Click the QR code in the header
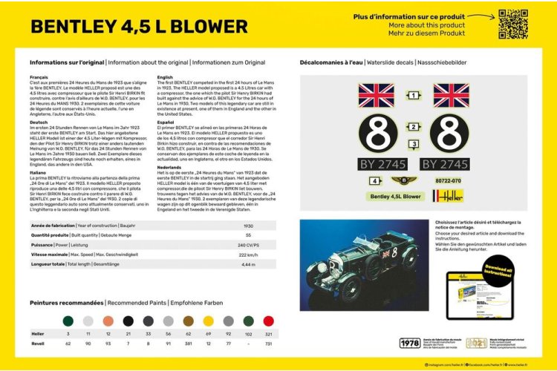pos(512,24)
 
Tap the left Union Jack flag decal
pos(377,95)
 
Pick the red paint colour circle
pos(268,321)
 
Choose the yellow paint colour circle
pos(208,321)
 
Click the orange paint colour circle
pos(108,321)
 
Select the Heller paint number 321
pos(268,335)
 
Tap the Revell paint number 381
pos(188,344)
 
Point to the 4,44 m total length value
pos(250,264)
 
